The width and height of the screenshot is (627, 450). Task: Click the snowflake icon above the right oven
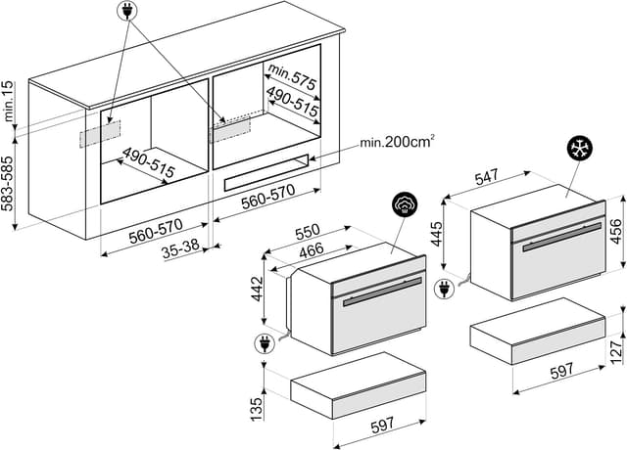(580, 148)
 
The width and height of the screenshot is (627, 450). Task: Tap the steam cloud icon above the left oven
(405, 204)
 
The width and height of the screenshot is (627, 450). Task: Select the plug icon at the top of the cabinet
(127, 11)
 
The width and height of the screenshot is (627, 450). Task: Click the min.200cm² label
(397, 142)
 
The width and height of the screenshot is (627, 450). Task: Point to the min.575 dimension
(292, 76)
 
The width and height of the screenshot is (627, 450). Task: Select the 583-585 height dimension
(8, 183)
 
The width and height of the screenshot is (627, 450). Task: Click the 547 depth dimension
(487, 177)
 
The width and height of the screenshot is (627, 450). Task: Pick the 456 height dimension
(616, 232)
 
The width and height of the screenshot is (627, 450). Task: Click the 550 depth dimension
(308, 232)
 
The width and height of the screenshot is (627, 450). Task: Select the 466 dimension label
(312, 250)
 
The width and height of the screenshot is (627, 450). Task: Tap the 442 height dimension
(257, 290)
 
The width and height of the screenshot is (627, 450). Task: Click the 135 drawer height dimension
(257, 409)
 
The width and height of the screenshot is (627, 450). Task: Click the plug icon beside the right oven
(445, 289)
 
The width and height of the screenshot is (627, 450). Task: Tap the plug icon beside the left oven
(265, 344)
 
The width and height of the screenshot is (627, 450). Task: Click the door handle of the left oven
(382, 292)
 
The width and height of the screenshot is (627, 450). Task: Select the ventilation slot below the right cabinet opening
(266, 173)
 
